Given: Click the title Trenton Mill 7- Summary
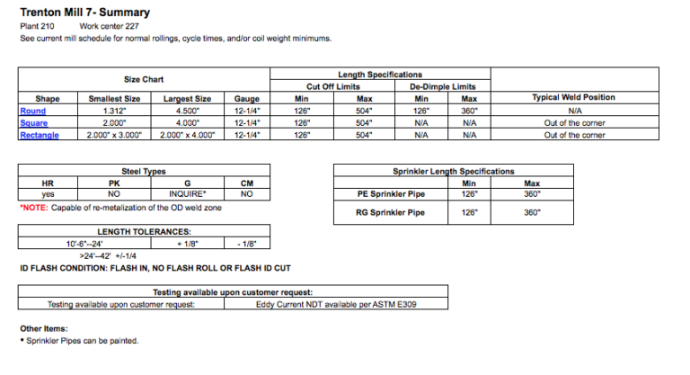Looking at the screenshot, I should [x=84, y=13].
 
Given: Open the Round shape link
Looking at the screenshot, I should [x=32, y=111].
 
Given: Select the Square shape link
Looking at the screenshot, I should [x=34, y=123].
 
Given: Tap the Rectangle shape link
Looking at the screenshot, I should [x=40, y=135].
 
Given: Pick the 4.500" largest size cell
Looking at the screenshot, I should [x=187, y=111].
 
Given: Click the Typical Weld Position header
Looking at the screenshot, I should [x=574, y=98].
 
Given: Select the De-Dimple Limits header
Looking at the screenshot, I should [x=442, y=86].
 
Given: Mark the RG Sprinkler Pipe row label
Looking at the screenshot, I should [x=392, y=213].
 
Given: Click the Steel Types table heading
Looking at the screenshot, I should [x=143, y=171].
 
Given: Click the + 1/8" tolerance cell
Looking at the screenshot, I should [x=188, y=244].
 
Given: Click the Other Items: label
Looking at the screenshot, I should [x=44, y=328].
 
